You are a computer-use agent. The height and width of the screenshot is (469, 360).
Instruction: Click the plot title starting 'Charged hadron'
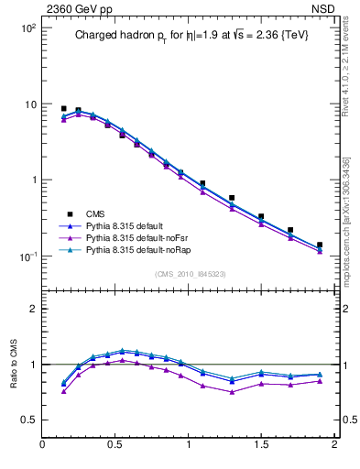coord(191,36)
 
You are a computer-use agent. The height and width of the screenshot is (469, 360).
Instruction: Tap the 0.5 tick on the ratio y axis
coord(29,420)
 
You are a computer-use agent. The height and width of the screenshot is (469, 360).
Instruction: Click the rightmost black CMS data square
coord(319,245)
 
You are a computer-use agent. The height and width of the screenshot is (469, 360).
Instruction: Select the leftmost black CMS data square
coord(64,108)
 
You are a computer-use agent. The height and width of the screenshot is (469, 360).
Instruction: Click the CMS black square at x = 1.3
coord(232,198)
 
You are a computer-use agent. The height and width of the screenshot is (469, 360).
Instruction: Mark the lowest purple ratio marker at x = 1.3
coord(232,392)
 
